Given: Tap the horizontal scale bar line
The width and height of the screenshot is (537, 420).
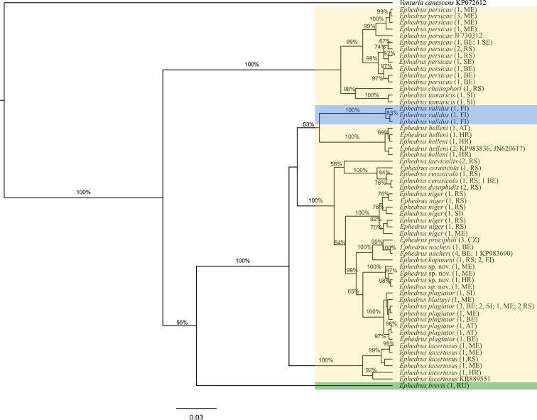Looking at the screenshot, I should (196, 408).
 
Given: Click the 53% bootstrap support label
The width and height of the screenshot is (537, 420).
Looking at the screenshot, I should (308, 124).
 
